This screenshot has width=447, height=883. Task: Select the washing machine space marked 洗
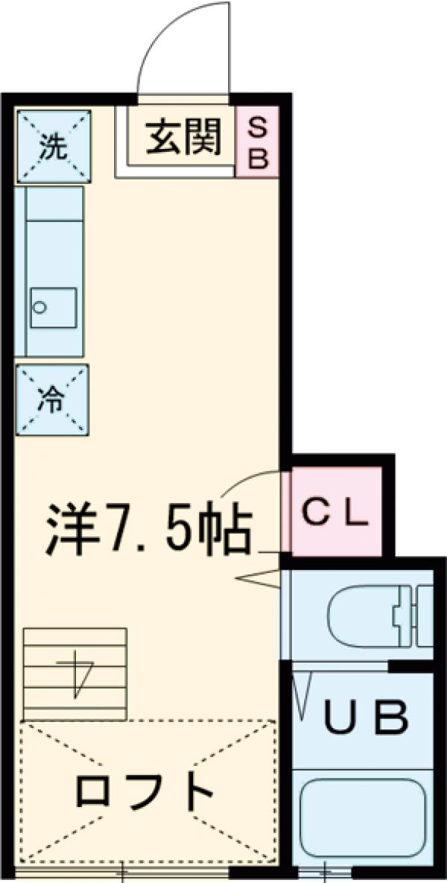coord(54,145)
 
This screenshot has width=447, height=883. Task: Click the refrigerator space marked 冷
coord(52,400)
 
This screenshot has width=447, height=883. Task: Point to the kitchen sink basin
coord(53,306)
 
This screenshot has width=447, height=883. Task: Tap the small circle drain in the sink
coord(41,306)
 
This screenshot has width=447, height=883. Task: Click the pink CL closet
coord(336,512)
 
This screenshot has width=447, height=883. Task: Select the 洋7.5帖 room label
coord(149,528)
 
